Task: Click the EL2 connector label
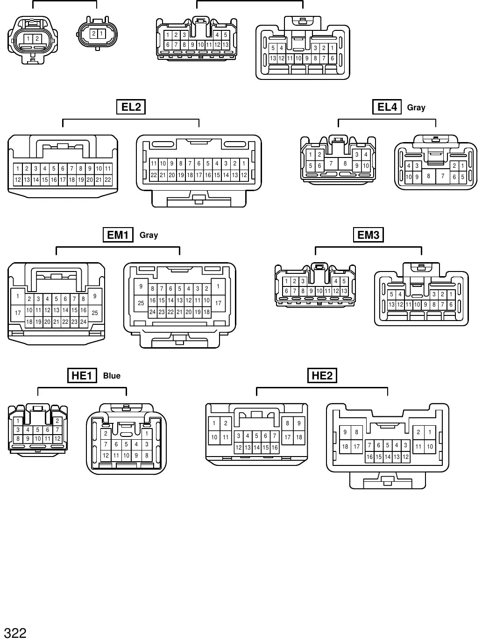coord(131,107)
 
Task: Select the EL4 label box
coord(387,107)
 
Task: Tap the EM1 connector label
coord(118,235)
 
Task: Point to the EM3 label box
coord(368,235)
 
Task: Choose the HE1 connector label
coord(82,376)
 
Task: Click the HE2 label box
coord(322,376)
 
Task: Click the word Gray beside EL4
coord(416,108)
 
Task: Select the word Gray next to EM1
coord(149,235)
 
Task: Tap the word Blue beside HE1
coord(112,376)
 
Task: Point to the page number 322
coord(15,633)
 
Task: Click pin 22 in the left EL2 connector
coord(108,180)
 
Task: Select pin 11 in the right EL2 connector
coord(154,164)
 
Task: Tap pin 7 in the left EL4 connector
coord(331,164)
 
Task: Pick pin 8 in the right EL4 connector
coord(428,176)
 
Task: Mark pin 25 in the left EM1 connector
coord(95,313)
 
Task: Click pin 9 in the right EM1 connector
coord(141,286)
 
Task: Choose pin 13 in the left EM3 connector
coord(344,291)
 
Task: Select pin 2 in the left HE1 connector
coord(57,421)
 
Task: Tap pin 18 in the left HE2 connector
coord(299,437)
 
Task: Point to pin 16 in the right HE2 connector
coord(369,457)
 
